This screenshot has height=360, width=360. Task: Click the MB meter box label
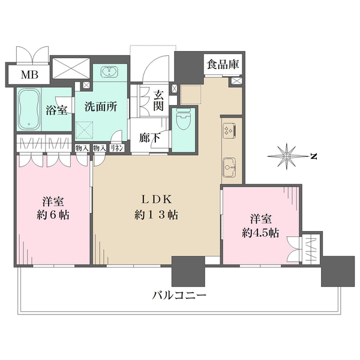coord(29,74)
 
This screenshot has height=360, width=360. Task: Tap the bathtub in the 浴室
coord(29,109)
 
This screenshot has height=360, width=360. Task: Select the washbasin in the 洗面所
coord(109,71)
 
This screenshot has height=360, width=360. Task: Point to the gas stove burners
coord(229,131)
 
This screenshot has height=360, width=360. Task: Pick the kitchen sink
coord(229,167)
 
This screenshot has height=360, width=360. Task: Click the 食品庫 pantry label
coord(223,64)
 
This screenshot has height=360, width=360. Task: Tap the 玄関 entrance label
coord(158,100)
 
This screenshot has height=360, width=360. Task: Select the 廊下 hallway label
coord(149,138)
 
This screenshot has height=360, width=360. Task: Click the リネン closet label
coord(117,148)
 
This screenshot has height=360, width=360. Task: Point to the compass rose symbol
coord(287,157)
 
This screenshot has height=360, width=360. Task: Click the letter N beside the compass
coord(314,157)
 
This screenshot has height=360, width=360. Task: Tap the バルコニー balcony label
coord(179,295)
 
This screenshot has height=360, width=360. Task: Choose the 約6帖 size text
coord(53,215)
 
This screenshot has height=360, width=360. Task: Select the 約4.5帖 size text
coord(260,233)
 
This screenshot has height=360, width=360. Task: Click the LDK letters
coord(157,200)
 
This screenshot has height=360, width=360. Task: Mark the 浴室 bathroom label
coord(56,110)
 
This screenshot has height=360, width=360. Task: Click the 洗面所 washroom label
coord(101,107)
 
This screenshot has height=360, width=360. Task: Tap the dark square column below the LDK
coord(188,271)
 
